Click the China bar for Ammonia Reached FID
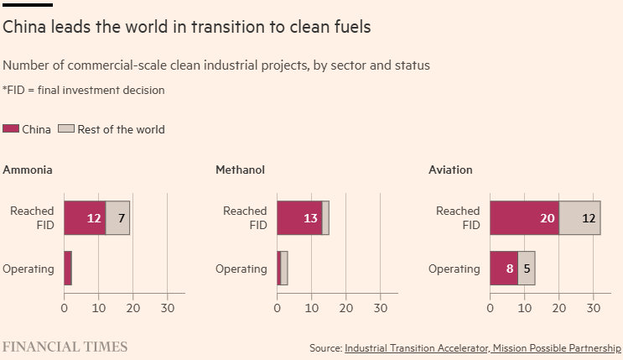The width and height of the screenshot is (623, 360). (85, 218)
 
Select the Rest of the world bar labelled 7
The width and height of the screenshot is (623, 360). (117, 218)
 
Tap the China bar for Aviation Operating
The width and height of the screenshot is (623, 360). (504, 269)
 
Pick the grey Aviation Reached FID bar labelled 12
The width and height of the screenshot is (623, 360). (579, 218)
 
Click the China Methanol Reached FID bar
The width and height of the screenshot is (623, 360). (299, 218)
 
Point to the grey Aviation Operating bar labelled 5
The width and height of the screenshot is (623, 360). (526, 269)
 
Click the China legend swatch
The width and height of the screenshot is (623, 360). (12, 129)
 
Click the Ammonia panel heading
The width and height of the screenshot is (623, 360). (28, 170)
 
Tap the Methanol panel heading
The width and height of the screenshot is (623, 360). (241, 170)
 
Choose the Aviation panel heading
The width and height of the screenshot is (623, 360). (450, 170)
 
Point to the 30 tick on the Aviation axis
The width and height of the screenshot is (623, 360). (593, 307)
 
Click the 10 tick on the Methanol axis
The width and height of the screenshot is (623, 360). (311, 307)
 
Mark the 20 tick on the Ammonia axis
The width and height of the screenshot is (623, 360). (132, 307)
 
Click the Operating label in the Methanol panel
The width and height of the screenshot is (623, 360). (241, 269)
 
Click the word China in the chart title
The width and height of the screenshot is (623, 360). (24, 27)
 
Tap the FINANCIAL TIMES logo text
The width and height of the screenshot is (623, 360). (65, 346)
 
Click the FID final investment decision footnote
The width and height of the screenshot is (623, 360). (84, 90)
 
